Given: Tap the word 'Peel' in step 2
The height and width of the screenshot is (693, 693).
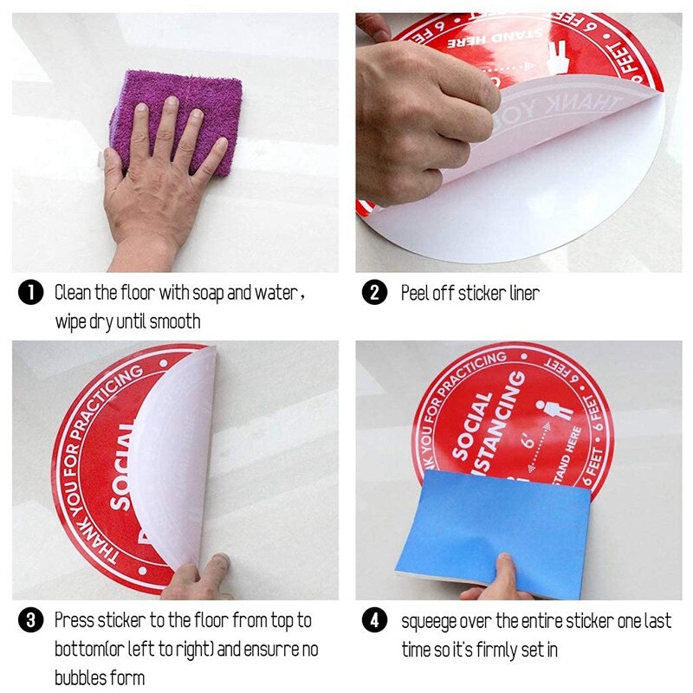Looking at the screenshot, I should [x=415, y=293].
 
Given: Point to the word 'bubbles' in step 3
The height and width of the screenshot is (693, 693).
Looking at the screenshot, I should [x=81, y=677].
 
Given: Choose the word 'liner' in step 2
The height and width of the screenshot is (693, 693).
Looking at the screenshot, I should [x=522, y=293].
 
